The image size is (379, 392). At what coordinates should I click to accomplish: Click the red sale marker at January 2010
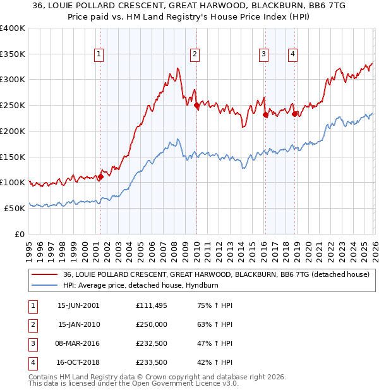196,105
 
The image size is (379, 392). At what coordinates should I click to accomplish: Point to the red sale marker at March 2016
265,114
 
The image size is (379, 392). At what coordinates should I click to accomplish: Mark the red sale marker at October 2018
295,113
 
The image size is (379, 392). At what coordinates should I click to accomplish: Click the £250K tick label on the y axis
13,105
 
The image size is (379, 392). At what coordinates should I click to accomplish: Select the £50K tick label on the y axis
15,208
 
